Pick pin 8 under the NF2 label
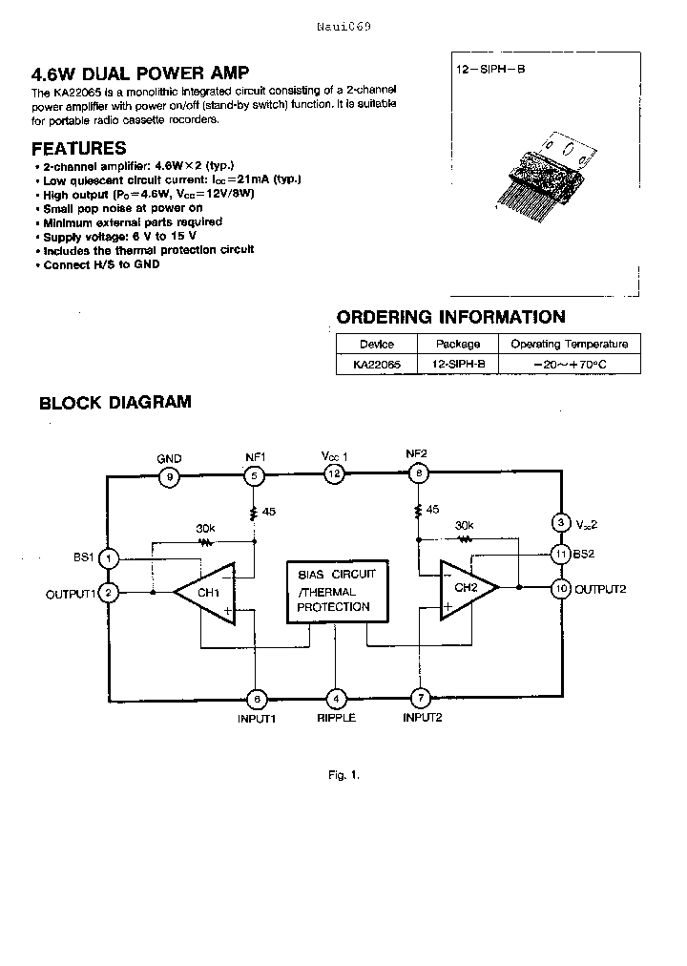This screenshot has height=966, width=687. [x=417, y=473]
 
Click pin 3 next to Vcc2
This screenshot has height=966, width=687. [x=560, y=522]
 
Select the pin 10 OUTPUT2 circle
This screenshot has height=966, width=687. [x=560, y=589]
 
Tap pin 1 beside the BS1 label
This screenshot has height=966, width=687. [x=110, y=557]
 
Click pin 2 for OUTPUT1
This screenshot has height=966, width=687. [x=110, y=593]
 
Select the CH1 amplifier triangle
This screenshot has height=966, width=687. [x=208, y=594]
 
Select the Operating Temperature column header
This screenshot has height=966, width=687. [x=569, y=344]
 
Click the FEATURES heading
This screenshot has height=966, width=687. [x=78, y=149]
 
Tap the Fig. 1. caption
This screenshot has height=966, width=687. [x=343, y=774]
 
